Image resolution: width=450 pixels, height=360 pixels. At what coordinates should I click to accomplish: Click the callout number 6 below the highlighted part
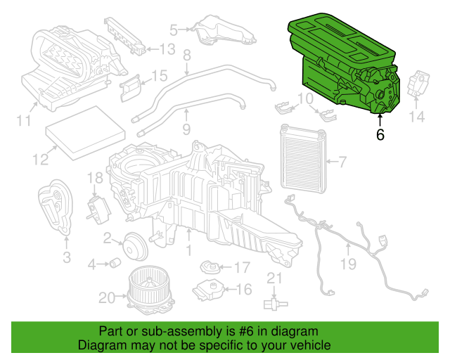coord(380,134)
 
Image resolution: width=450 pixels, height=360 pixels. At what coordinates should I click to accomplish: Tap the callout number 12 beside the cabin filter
coord(40,160)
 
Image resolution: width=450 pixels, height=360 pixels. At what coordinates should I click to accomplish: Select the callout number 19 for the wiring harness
coord(349,264)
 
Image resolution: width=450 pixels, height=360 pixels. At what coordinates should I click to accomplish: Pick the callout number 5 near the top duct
coord(174,30)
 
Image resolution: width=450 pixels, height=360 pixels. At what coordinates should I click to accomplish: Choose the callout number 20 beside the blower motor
coord(106,298)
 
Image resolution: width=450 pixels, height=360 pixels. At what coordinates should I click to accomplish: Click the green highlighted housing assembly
coord(345,67)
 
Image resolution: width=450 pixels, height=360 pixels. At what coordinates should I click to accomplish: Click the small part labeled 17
coord(209,267)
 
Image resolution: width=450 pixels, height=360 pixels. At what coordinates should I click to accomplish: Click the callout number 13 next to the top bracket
coord(166,49)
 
